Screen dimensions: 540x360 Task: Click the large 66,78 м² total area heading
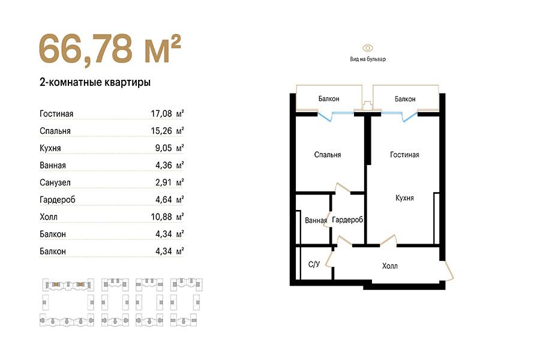[110, 49]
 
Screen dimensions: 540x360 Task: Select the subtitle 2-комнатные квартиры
[95, 83]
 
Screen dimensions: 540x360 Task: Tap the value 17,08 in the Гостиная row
[161, 113]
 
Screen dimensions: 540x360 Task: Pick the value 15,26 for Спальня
[161, 131]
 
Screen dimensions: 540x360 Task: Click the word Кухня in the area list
[50, 148]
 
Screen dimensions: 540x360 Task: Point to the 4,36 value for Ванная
[164, 165]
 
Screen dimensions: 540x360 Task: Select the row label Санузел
[55, 182]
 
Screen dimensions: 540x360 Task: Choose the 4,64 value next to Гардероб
[164, 199]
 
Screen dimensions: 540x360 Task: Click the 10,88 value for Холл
[161, 217]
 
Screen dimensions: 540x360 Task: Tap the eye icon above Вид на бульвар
[367, 48]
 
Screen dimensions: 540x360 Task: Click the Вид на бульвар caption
[368, 59]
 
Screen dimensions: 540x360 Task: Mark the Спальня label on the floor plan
[328, 155]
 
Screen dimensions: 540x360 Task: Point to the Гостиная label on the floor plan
[404, 155]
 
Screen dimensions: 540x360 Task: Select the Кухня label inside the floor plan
[404, 198]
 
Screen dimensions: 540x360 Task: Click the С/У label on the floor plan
[314, 264]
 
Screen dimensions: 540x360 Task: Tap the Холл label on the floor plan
[390, 266]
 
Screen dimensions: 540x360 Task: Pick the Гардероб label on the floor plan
[347, 220]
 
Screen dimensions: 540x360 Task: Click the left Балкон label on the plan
[329, 99]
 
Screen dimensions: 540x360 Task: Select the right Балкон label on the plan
[405, 99]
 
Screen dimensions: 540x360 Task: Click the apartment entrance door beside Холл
[449, 271]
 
